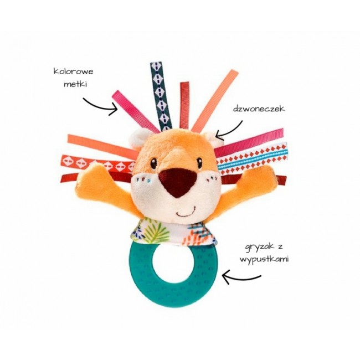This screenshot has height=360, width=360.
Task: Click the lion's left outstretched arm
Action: coord(102,180)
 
